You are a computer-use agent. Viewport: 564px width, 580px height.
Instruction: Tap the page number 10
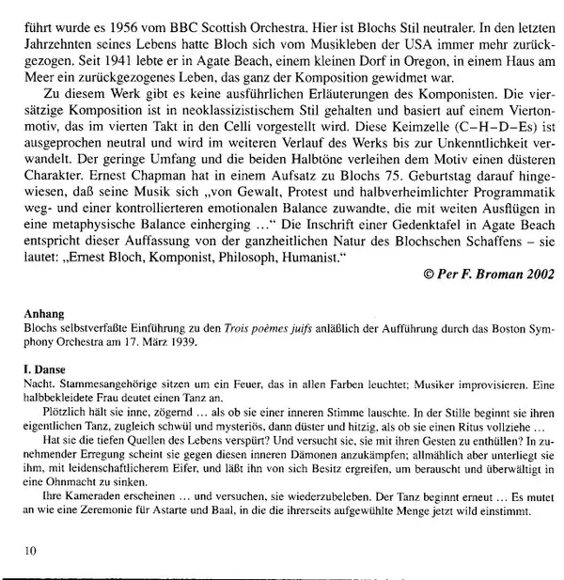(30, 552)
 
